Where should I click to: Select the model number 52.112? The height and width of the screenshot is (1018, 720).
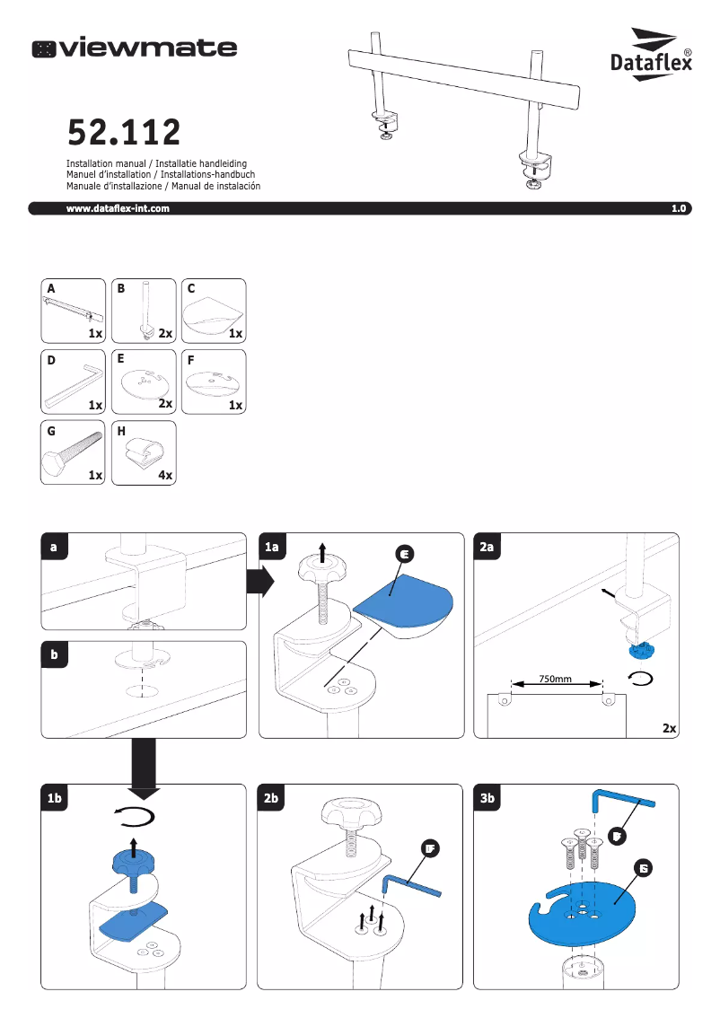124,133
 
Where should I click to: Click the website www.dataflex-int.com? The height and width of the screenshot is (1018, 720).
118,208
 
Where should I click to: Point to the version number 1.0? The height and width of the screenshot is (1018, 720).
678,208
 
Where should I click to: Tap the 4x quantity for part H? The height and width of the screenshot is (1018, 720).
164,475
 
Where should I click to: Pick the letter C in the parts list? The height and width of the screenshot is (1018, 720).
190,289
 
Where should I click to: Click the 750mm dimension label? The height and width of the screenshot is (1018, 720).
556,679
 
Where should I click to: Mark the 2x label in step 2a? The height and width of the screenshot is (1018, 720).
667,728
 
